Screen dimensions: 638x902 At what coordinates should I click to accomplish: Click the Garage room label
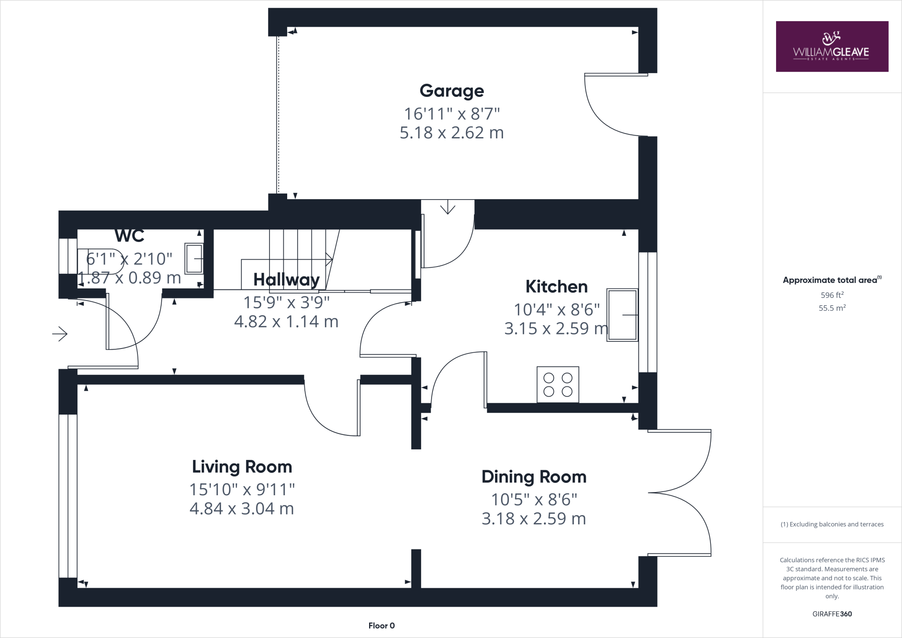coord(451,91)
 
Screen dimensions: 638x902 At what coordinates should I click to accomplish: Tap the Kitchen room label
coord(556,287)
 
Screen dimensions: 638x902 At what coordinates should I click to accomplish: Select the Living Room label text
coord(242,467)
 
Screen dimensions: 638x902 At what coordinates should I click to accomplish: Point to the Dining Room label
coord(534,477)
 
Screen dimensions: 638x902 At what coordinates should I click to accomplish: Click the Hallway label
coord(286,280)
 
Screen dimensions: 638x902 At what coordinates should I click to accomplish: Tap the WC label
coord(129,236)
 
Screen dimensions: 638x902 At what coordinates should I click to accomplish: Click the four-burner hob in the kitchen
coord(558,385)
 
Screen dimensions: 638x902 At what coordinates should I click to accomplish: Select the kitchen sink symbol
coord(622,315)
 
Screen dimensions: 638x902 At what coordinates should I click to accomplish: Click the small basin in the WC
coord(194,259)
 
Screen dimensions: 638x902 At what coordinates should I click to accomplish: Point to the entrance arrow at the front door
coord(60,334)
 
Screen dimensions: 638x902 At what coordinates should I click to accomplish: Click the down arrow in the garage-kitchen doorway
coord(447,207)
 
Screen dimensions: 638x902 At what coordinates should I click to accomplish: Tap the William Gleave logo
coord(832,47)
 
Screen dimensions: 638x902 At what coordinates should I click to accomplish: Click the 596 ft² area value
coord(832,295)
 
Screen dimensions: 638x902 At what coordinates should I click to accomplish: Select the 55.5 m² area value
coord(832,308)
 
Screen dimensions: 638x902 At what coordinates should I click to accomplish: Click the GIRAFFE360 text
coord(832,614)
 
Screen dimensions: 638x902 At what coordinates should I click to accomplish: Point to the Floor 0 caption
coord(381,626)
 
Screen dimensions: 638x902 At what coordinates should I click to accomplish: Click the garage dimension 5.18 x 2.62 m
coord(451,133)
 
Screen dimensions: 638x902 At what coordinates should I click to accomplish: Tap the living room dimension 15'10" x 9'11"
coord(242,489)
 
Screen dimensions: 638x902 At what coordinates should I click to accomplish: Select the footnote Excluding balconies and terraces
coord(832,524)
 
